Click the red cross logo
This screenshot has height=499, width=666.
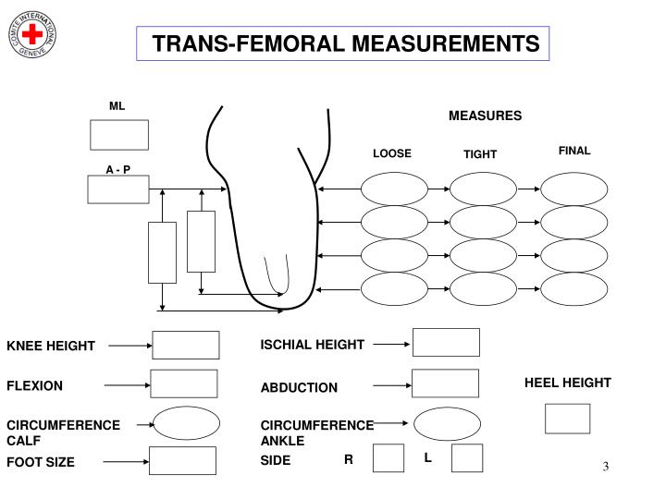(34, 34)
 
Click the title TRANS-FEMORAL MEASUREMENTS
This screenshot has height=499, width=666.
(345, 43)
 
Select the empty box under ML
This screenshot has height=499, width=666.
(118, 134)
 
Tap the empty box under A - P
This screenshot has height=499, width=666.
(117, 189)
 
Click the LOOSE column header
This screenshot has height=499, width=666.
(391, 153)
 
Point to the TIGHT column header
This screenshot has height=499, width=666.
(480, 154)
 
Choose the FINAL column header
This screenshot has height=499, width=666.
(573, 151)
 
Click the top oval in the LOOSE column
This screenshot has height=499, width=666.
(393, 189)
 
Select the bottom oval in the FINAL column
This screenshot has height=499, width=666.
(573, 289)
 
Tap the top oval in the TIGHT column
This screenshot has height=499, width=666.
(483, 189)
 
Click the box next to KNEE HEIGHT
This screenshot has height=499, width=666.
(185, 345)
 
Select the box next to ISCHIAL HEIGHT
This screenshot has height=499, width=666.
(446, 342)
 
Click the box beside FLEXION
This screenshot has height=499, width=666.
(183, 383)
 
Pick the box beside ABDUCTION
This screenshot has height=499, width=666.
(445, 383)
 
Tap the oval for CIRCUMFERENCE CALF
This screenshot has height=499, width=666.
(186, 423)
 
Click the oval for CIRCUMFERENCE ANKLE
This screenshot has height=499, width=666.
(447, 424)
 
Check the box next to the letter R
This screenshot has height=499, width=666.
(388, 458)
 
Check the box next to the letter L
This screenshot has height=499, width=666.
(467, 458)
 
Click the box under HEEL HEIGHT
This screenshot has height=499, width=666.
(567, 419)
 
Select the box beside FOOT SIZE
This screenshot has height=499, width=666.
(182, 460)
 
